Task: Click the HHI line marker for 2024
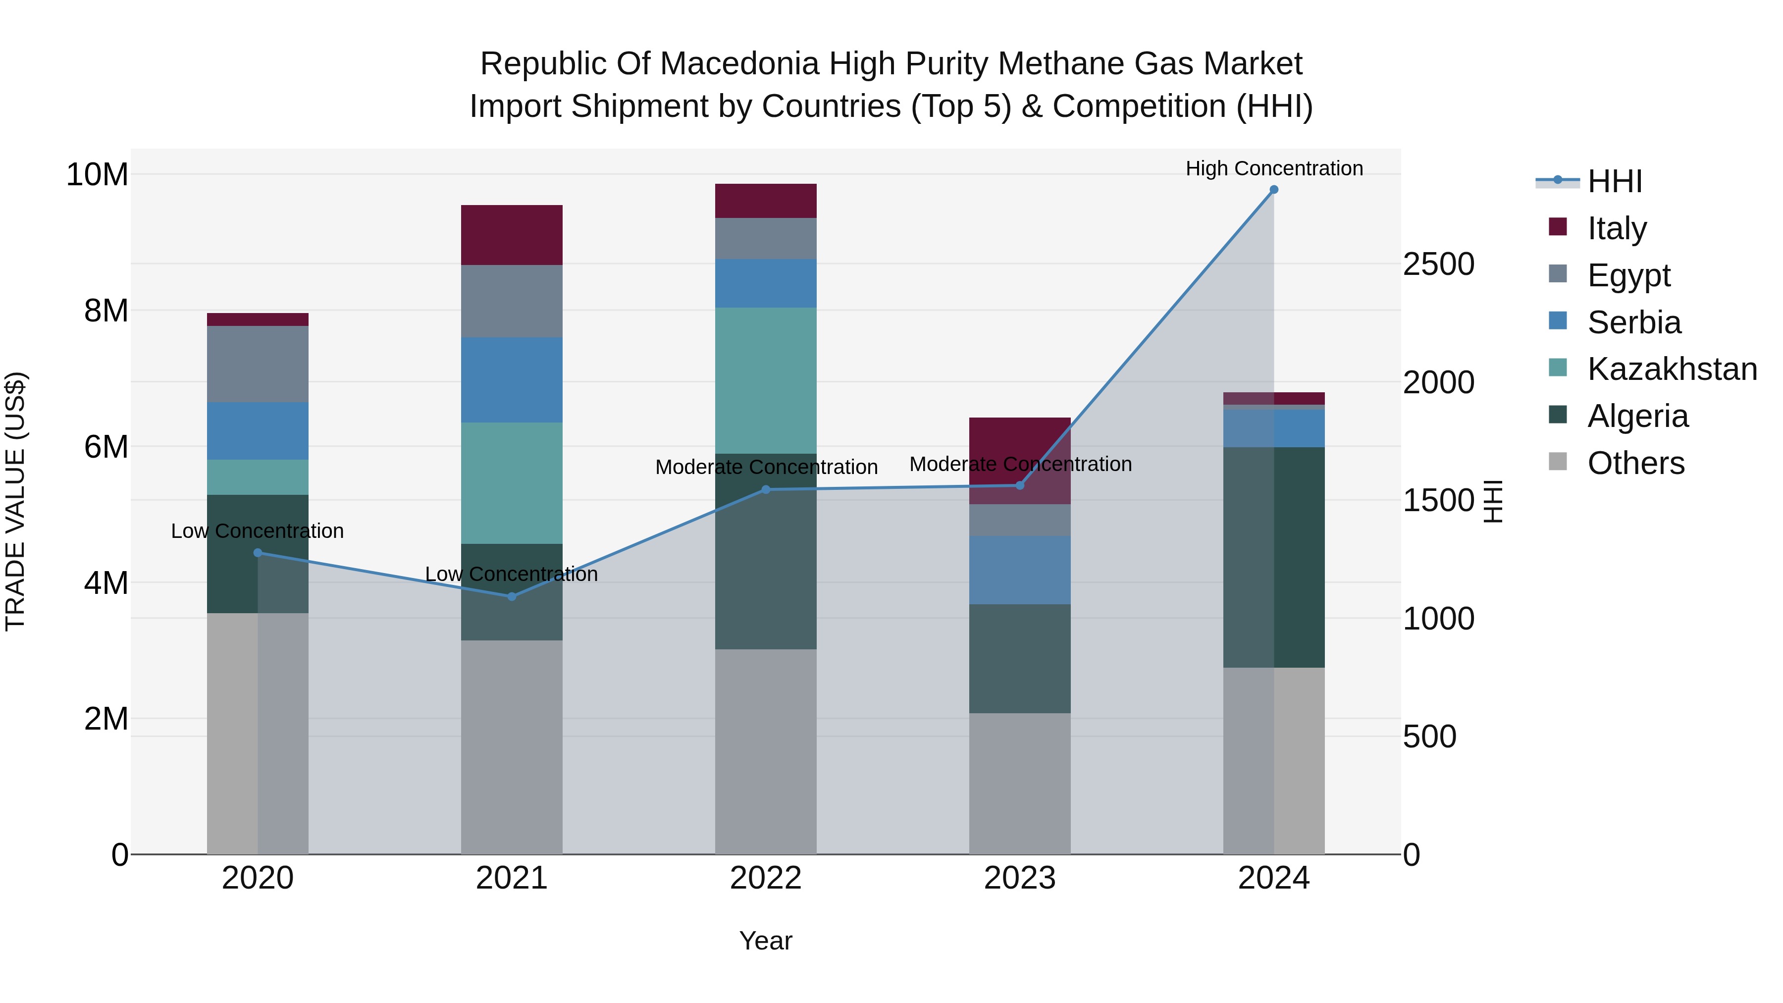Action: click(1273, 190)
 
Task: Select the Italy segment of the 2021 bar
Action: click(512, 235)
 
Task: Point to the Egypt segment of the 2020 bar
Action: click(258, 364)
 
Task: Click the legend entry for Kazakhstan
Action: click(1671, 369)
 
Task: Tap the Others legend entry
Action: click(1635, 463)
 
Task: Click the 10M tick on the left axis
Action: click(97, 174)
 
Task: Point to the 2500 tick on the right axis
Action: click(1438, 264)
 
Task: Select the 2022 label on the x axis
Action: click(766, 878)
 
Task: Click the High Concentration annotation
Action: click(1273, 168)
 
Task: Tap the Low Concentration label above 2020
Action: click(258, 531)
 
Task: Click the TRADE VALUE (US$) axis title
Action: click(15, 501)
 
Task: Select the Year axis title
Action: click(766, 941)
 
